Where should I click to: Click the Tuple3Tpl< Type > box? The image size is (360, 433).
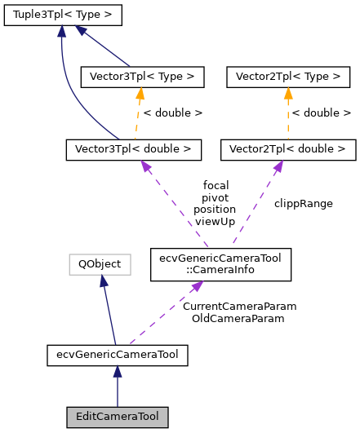63,15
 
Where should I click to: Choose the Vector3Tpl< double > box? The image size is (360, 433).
132,149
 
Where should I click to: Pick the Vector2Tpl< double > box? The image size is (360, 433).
288,149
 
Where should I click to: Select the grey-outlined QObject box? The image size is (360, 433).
100,263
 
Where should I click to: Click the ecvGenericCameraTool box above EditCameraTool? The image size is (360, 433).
118,355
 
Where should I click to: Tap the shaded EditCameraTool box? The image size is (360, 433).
118,417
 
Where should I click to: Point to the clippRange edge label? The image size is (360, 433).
304,203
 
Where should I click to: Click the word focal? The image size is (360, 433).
216,185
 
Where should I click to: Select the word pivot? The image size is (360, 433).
216,197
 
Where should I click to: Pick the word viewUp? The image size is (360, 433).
216,221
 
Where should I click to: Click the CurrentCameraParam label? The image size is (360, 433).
239,306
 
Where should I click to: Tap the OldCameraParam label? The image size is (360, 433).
238,318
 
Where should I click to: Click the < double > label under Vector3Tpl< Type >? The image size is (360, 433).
173,113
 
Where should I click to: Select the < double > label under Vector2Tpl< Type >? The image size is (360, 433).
322,113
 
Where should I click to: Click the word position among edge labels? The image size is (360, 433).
216,209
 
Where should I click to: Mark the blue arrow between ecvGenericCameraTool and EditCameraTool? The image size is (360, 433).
118,386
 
